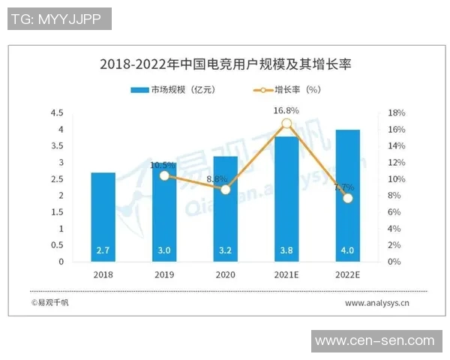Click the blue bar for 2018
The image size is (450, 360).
[x=103, y=217]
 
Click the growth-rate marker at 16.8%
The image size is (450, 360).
[x=286, y=124]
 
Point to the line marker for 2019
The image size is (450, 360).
[x=164, y=175]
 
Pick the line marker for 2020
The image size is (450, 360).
[x=225, y=190]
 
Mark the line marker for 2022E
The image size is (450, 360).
[x=347, y=198]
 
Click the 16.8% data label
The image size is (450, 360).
[x=286, y=110]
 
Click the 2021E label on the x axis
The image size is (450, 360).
[x=286, y=275]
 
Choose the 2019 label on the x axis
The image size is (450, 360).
[x=164, y=275]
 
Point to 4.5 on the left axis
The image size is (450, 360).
[x=56, y=113]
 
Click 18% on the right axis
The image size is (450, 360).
[x=397, y=113]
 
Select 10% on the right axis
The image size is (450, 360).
[x=397, y=179]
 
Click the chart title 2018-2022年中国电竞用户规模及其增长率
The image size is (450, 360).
[x=225, y=64]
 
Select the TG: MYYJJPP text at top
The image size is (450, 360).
[x=59, y=19]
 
